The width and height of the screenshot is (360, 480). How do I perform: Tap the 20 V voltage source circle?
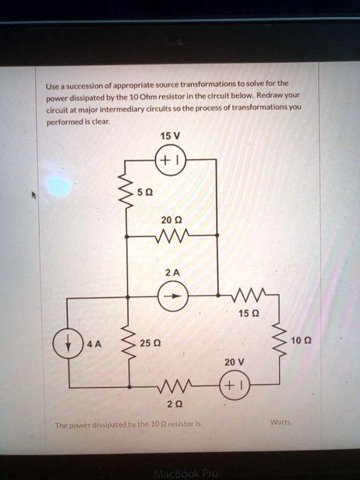(x=235, y=371)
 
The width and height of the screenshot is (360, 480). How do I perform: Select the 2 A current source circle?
(x=173, y=281)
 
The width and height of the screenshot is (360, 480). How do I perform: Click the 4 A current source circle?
(x=68, y=328)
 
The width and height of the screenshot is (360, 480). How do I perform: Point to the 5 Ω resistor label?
(x=145, y=193)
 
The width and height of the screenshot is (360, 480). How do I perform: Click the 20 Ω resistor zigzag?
(x=171, y=235)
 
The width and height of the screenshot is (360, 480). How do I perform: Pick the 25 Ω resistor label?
(x=150, y=343)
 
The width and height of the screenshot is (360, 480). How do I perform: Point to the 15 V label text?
(x=170, y=136)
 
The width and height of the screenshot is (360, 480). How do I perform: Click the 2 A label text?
(x=173, y=272)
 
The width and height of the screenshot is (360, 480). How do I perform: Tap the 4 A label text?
(x=94, y=344)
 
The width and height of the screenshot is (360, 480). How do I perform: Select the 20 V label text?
(x=235, y=362)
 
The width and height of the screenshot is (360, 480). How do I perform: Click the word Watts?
(x=281, y=422)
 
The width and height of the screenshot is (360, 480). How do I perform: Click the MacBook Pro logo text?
(x=187, y=474)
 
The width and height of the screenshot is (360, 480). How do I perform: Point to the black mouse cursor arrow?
(x=34, y=195)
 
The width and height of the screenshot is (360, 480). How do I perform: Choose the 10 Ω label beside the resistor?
(x=301, y=340)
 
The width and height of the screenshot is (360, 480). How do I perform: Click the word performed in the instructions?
(x=65, y=122)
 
